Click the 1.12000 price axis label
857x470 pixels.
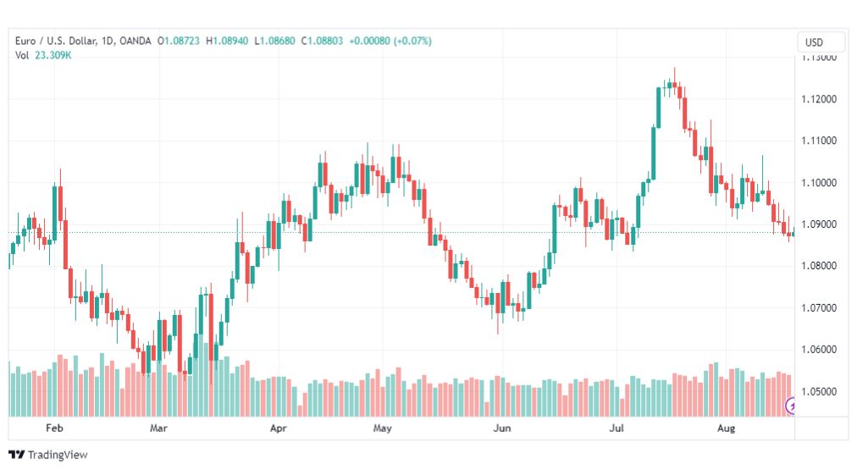(821, 99)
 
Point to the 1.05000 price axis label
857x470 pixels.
(821, 391)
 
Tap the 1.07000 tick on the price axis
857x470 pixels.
(821, 308)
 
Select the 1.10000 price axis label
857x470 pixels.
(821, 183)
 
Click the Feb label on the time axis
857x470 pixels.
(55, 429)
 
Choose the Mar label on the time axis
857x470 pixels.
(158, 429)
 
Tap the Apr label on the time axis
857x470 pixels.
(279, 429)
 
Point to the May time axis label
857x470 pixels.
(382, 429)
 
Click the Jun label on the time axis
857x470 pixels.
(502, 429)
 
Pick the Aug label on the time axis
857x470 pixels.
(726, 429)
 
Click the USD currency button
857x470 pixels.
(814, 42)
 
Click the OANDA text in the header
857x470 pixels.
(135, 41)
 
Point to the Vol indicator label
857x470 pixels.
(22, 55)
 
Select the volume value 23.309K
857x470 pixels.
(53, 55)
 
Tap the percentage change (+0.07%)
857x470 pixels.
(411, 41)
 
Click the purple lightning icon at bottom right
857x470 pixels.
(792, 406)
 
